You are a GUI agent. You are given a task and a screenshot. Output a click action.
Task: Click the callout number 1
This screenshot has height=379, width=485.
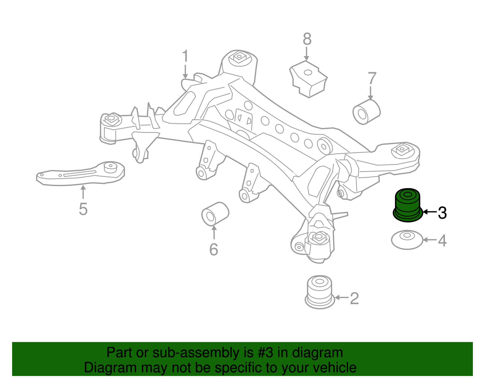coord(185,57)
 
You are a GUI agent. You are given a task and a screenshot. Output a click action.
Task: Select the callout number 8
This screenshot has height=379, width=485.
coord(307,39)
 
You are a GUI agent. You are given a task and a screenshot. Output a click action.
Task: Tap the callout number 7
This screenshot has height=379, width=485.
coord(372,79)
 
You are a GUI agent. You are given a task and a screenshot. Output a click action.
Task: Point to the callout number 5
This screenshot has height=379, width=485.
coord(83,209)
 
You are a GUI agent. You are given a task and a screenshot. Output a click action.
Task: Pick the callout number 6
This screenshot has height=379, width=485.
coord(214,249)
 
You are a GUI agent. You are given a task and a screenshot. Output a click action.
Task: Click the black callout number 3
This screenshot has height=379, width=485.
coord(442,213)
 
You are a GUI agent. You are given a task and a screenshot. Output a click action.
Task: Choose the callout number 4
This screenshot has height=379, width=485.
coord(442,241)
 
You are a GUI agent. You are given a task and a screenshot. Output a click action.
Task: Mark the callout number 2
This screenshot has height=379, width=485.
coord(354,298)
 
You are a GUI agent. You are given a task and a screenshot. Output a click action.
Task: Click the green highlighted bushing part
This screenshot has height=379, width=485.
coord(408,205)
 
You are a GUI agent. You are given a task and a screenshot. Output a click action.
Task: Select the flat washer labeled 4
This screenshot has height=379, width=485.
coord(407,240)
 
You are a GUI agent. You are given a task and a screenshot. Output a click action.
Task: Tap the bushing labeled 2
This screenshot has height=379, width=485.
coord(319,292)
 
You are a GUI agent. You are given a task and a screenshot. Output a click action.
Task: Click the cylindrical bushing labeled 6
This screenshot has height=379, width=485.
coord(215,214)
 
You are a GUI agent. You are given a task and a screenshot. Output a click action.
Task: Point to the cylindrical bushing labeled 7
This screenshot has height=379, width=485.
coord(366,112)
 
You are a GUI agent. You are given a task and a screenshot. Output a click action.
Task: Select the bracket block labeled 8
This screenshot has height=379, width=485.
coord(308,79)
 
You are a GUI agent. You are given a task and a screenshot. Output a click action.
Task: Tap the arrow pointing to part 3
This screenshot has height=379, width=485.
coord(430,212)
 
